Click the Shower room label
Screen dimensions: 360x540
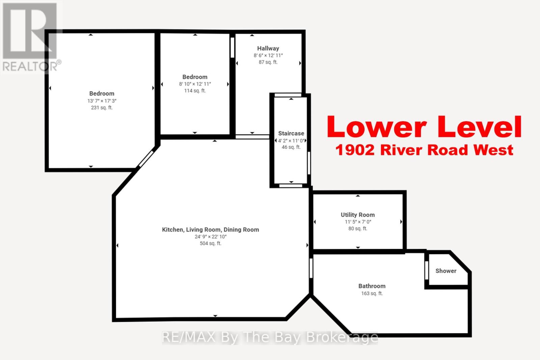(x=446, y=271)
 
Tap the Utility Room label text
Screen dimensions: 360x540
(x=357, y=215)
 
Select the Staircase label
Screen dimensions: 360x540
(x=291, y=134)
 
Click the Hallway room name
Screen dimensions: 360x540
(x=268, y=49)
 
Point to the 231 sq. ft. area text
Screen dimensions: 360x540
(x=102, y=108)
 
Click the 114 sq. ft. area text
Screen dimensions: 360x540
(x=195, y=91)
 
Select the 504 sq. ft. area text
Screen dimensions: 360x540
(x=210, y=244)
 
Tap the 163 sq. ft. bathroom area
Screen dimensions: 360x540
(x=372, y=294)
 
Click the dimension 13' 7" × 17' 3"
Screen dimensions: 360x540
(x=102, y=101)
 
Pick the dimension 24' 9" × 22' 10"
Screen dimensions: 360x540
(x=210, y=237)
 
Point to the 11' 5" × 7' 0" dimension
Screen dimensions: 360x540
(x=357, y=222)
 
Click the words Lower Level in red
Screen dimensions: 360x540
(x=424, y=127)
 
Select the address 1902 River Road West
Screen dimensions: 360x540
(x=424, y=150)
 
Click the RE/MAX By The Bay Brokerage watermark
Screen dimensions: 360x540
(x=270, y=337)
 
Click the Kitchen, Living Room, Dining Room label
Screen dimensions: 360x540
(x=210, y=230)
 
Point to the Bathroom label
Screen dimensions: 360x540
(x=372, y=286)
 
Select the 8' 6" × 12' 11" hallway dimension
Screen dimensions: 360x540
(x=268, y=56)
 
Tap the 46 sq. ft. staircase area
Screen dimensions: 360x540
(x=291, y=147)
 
